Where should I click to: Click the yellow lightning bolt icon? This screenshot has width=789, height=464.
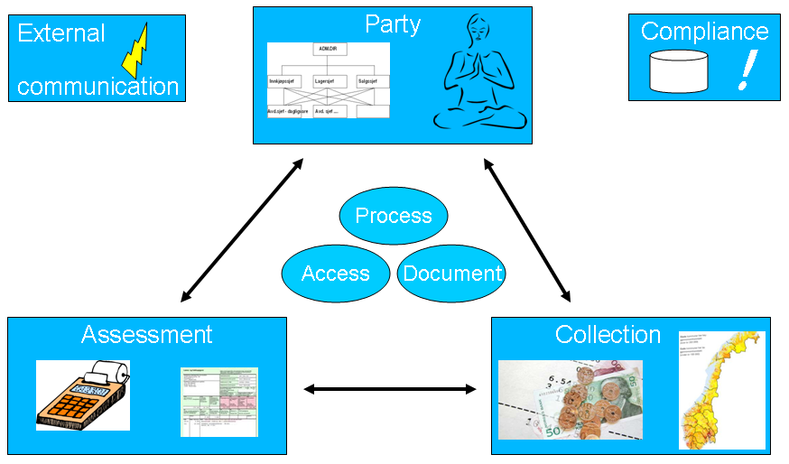pos(136,51)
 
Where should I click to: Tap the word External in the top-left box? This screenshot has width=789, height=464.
pos(61,34)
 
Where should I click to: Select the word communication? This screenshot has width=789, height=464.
pos(97,87)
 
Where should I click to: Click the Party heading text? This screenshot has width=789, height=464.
pos(392,24)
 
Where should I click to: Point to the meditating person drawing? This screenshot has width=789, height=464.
pos(479,77)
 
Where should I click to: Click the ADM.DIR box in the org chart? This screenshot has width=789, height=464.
pos(328,50)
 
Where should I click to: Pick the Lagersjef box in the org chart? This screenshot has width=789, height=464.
pos(327,81)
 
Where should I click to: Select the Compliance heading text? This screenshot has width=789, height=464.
pos(704,32)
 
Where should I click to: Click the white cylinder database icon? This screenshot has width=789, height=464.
pos(678,71)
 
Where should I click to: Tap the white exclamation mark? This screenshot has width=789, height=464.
pos(745,70)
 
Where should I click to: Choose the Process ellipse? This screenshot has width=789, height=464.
pos(393,216)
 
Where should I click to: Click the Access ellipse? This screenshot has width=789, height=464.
pos(336,274)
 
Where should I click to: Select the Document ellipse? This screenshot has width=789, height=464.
pos(451,274)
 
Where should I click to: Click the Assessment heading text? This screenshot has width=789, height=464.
pos(146,335)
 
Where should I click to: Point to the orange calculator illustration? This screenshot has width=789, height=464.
pos(82,394)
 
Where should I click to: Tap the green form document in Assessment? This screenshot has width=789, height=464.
pos(218,402)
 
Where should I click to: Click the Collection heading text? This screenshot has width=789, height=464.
pos(608,335)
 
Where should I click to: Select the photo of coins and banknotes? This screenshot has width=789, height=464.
pos(570,400)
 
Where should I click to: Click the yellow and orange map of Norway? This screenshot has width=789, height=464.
pos(721,390)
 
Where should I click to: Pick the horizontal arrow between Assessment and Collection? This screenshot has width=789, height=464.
pos(389,389)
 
